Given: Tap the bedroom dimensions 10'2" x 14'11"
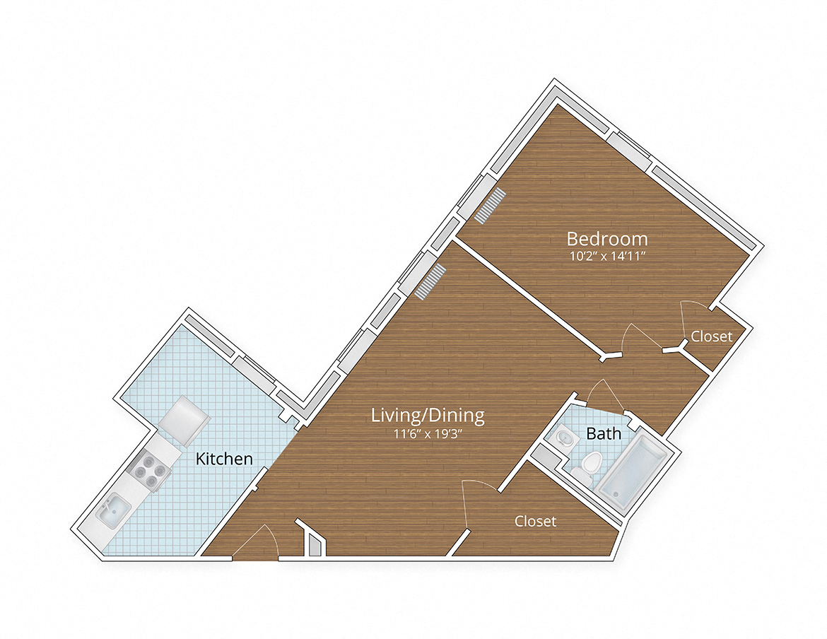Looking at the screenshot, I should (x=607, y=257).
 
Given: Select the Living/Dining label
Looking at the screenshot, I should (x=428, y=416).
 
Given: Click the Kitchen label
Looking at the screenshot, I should (x=224, y=459).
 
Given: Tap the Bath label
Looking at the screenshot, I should (x=604, y=433).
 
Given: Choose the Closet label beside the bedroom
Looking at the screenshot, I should (x=711, y=336).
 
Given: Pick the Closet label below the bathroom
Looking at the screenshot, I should (x=535, y=522).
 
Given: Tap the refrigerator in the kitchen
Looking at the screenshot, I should (x=184, y=418).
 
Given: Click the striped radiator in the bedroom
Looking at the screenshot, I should (x=491, y=206).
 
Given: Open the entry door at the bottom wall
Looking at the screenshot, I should (x=256, y=543).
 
